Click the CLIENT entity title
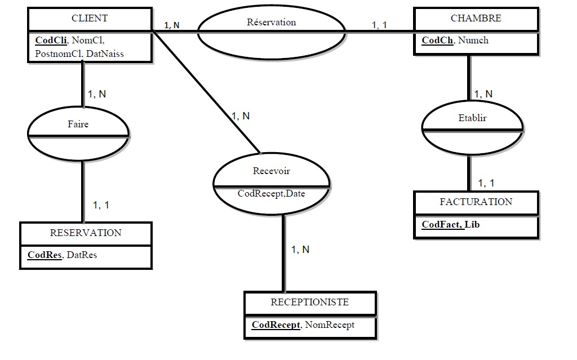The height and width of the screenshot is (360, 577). pyautogui.click(x=90, y=19)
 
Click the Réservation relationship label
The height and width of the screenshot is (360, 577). pyautogui.click(x=271, y=23)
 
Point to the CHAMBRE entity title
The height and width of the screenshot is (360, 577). pyautogui.click(x=476, y=19)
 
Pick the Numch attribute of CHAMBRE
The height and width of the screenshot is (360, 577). pyautogui.click(x=473, y=40)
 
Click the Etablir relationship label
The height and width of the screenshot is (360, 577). pyautogui.click(x=472, y=118)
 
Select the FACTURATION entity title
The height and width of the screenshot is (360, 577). pyautogui.click(x=476, y=202)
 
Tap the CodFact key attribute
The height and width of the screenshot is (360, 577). pyautogui.click(x=442, y=224)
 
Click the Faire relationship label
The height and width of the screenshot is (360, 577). pyautogui.click(x=78, y=125)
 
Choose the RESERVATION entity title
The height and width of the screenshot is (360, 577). pyautogui.click(x=86, y=233)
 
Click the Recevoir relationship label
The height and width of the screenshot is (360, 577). pyautogui.click(x=272, y=171)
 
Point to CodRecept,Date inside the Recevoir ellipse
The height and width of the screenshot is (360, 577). pyautogui.click(x=271, y=194)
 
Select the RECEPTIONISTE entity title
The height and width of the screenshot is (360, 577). pyautogui.click(x=309, y=303)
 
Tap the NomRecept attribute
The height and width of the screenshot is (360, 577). pyautogui.click(x=330, y=325)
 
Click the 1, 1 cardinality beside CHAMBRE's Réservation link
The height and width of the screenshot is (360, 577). pyautogui.click(x=379, y=25)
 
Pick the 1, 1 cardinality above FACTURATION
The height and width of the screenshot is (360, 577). pyautogui.click(x=486, y=183)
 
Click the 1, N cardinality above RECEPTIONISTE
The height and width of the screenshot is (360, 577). pyautogui.click(x=300, y=250)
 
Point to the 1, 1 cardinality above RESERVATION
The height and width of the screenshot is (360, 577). pyautogui.click(x=101, y=205)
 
